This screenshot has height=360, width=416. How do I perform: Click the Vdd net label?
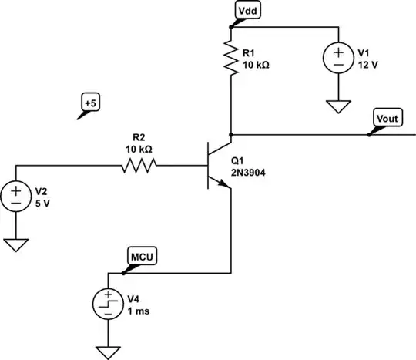point(248,12)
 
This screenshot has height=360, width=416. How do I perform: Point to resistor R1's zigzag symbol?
point(231,59)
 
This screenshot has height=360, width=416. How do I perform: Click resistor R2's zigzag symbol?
point(139,164)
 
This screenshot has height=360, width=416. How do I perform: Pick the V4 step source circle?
point(108,304)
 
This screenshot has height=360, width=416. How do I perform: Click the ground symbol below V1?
point(337,105)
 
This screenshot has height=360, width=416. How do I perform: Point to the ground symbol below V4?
point(108,352)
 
